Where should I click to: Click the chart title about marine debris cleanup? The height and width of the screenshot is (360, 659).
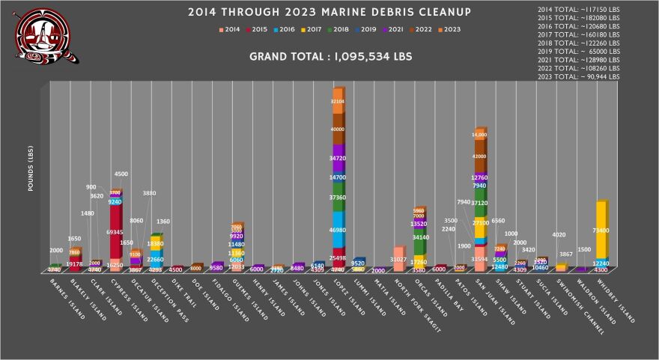(329, 12)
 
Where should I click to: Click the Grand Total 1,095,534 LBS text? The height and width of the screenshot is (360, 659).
(329, 57)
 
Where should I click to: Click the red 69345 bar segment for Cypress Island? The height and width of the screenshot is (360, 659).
(116, 233)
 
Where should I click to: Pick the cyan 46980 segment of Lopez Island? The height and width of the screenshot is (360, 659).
(338, 230)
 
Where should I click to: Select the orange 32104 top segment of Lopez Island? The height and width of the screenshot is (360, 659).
(338, 101)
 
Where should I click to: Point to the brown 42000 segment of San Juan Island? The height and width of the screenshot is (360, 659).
(479, 156)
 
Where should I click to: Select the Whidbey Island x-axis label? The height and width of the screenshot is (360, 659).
(618, 299)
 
